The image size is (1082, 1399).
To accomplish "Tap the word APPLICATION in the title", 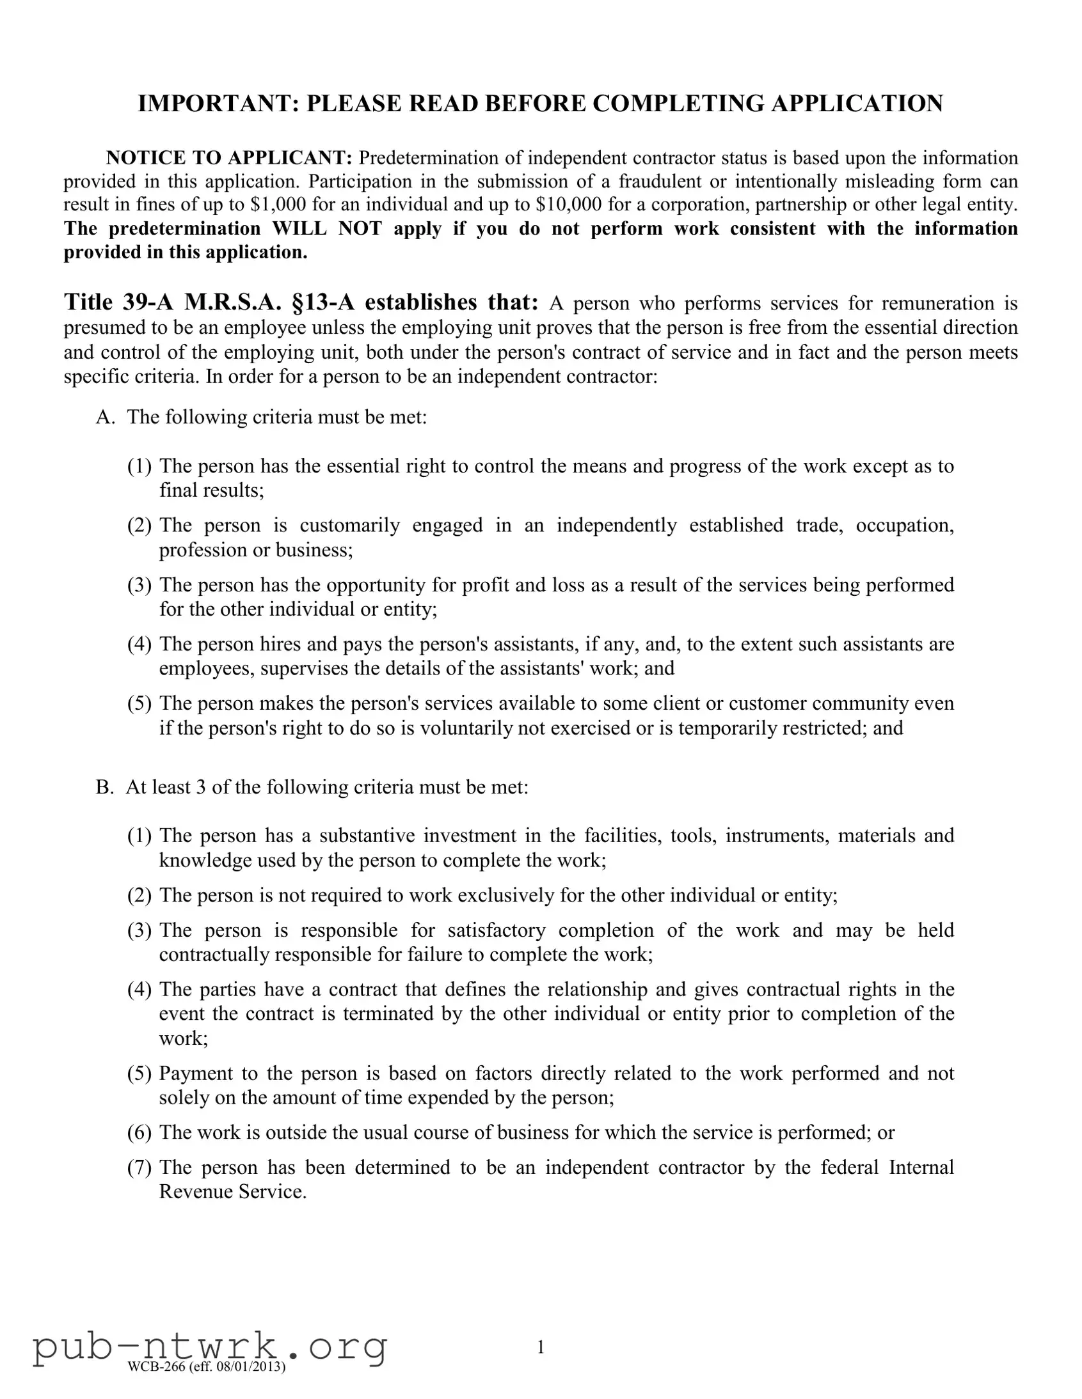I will [856, 104].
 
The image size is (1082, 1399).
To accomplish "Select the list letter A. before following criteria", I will [105, 418].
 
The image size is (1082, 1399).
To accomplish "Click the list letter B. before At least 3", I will [104, 787].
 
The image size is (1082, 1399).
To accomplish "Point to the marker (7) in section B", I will [139, 1167].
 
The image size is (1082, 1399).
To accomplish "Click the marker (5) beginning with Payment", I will [139, 1073].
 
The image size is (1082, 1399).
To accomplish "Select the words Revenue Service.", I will [233, 1191].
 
